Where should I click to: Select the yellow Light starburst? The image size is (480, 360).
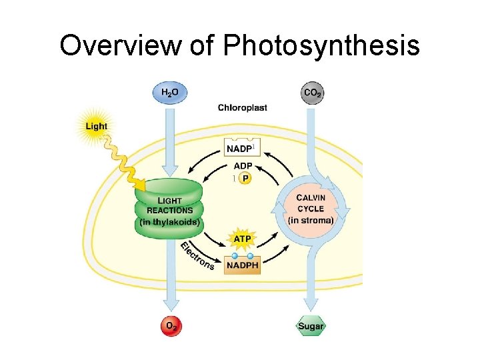(x=95, y=127)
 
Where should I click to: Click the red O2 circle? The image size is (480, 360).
(x=171, y=326)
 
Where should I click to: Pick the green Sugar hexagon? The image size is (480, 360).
(x=310, y=326)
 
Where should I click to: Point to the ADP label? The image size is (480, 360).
(x=243, y=166)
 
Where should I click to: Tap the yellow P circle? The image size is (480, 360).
(x=246, y=179)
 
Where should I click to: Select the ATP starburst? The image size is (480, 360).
(x=242, y=237)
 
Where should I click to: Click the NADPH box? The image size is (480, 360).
(x=242, y=265)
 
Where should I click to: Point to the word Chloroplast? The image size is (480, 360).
(x=243, y=107)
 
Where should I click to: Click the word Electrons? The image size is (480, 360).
(x=197, y=255)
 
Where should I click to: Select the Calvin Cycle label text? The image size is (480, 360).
(x=311, y=203)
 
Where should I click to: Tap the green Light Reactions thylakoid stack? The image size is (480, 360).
(x=168, y=208)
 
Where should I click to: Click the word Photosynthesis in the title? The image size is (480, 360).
(x=321, y=46)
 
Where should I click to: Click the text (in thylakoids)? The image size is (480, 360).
(x=169, y=222)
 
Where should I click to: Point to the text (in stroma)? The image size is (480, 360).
(x=311, y=219)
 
